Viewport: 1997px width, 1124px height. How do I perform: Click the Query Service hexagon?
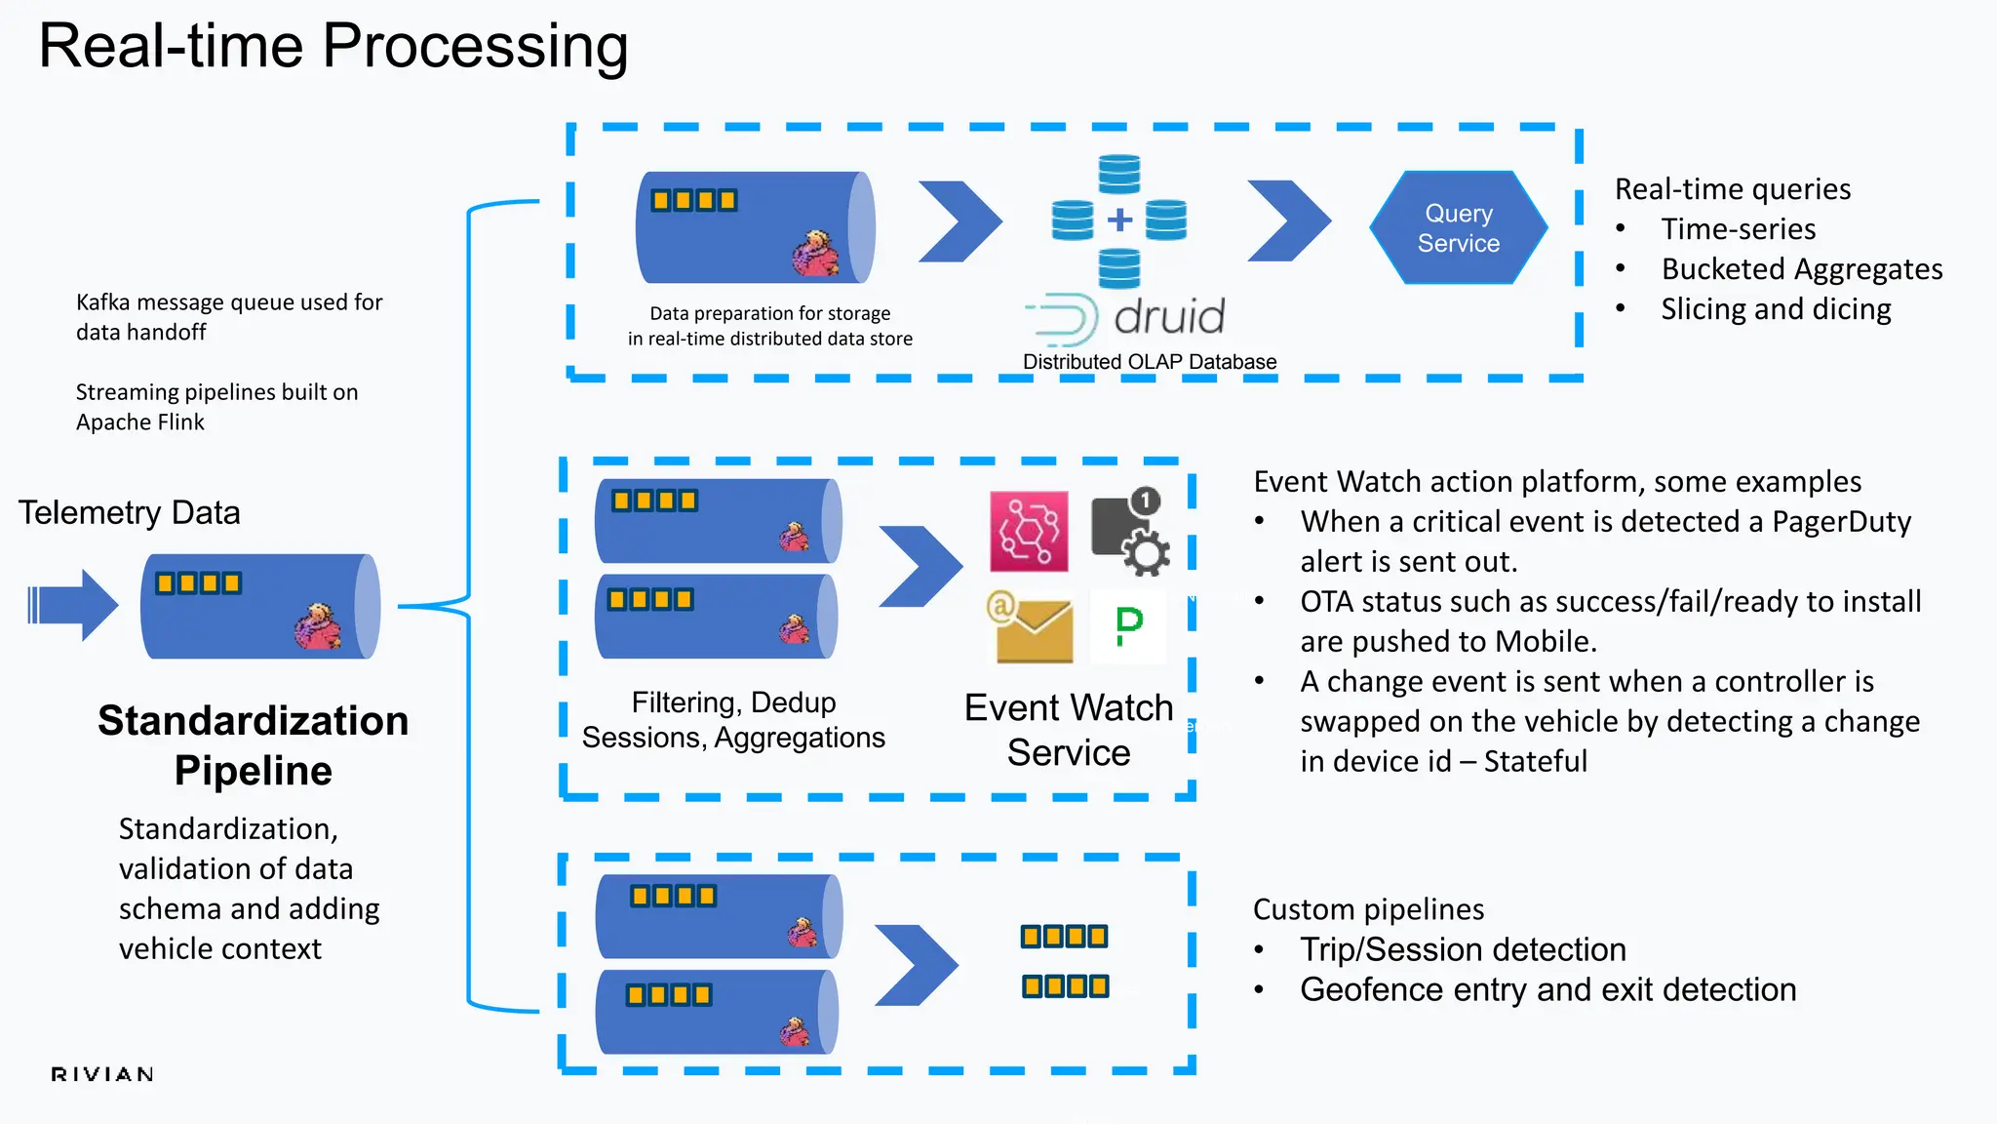(1458, 228)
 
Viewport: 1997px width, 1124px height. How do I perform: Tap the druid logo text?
(1168, 317)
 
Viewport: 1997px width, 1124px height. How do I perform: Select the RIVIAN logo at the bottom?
(102, 1074)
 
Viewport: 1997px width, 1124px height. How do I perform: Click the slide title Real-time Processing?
(333, 46)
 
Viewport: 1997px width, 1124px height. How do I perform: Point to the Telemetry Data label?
(129, 512)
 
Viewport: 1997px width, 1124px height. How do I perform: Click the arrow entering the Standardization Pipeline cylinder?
(74, 605)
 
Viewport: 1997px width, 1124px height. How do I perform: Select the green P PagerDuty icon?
(1128, 626)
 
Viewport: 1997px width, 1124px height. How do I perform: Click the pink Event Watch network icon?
(1029, 532)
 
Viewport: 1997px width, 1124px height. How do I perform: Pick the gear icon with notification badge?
(1131, 532)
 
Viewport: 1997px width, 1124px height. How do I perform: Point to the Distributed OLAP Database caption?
(1149, 362)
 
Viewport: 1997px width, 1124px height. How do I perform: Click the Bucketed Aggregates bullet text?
(1801, 269)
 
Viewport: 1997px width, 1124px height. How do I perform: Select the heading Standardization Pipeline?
(254, 745)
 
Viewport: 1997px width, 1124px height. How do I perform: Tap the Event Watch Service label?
(1069, 730)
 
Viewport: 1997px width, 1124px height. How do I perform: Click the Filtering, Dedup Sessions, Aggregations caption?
(733, 720)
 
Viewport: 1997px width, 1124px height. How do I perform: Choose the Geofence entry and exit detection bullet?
(1547, 989)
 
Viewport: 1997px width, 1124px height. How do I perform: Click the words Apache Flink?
(140, 422)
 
